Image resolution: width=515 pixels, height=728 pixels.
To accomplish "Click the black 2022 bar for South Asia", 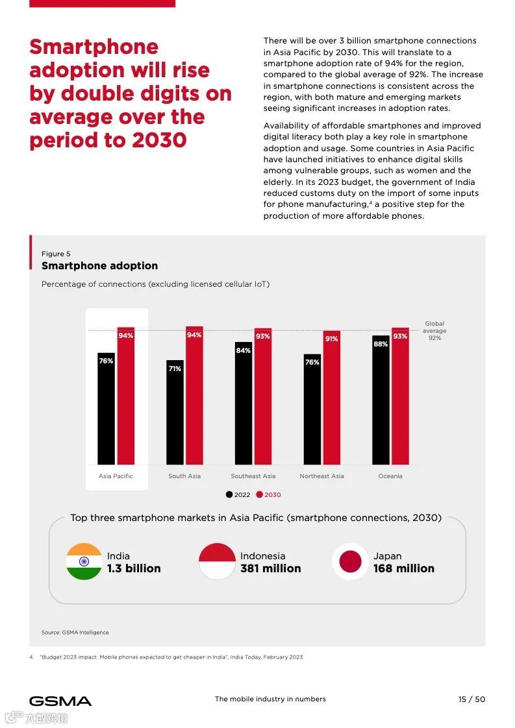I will pyautogui.click(x=175, y=415).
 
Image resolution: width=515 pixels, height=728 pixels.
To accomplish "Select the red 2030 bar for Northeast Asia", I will pyautogui.click(x=331, y=402).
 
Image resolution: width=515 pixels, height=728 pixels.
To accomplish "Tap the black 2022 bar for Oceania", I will pyautogui.click(x=381, y=402).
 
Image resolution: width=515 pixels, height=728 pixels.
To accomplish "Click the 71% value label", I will pyautogui.click(x=175, y=369).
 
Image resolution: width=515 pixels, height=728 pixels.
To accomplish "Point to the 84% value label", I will pyautogui.click(x=244, y=350).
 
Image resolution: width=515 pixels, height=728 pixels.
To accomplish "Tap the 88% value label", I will pyautogui.click(x=381, y=344).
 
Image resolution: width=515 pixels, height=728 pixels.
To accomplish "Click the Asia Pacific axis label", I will pyautogui.click(x=116, y=476).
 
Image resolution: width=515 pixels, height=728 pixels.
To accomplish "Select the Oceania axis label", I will pyautogui.click(x=390, y=476).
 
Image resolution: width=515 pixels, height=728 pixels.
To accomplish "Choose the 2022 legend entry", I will pyautogui.click(x=238, y=494).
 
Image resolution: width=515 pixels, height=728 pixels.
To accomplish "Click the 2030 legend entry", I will pyautogui.click(x=269, y=494).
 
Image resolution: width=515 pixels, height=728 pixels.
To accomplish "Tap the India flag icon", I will pyautogui.click(x=84, y=561).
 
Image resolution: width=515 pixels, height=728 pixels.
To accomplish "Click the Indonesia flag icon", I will pyautogui.click(x=217, y=561).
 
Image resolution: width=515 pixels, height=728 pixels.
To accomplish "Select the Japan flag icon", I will pyautogui.click(x=350, y=561).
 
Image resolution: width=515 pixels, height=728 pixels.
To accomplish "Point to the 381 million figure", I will pyautogui.click(x=270, y=568).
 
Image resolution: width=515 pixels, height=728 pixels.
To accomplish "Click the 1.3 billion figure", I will pyautogui.click(x=134, y=568).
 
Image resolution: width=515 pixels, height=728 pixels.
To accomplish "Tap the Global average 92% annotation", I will pyautogui.click(x=434, y=331).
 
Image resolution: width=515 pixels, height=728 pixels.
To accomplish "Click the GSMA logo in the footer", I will pyautogui.click(x=60, y=701).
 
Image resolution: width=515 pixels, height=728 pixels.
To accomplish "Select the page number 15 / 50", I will pyautogui.click(x=471, y=699).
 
